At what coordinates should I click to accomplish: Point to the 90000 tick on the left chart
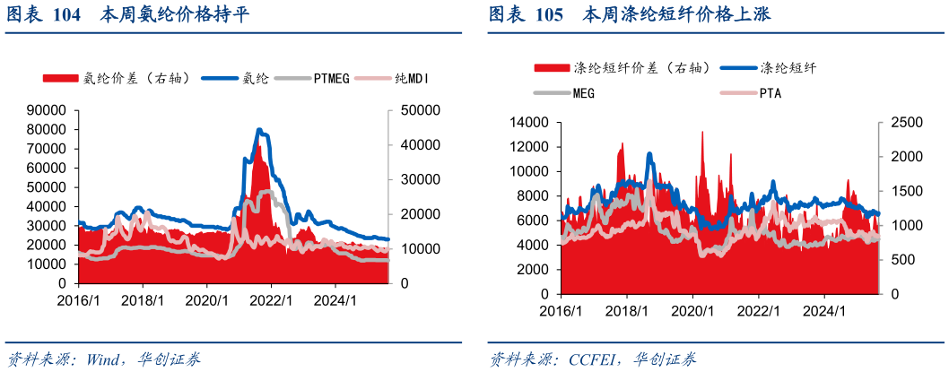coord(48,110)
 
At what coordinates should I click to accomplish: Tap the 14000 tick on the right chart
coord(527,122)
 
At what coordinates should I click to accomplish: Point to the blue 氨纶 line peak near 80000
coord(259,130)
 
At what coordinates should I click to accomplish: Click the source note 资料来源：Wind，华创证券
coord(103,359)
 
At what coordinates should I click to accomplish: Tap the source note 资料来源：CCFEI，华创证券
coord(592,359)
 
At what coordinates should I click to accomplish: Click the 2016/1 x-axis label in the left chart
coord(79,301)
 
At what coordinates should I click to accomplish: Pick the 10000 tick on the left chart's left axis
coord(48,264)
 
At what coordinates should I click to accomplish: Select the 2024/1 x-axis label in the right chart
coord(825,312)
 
